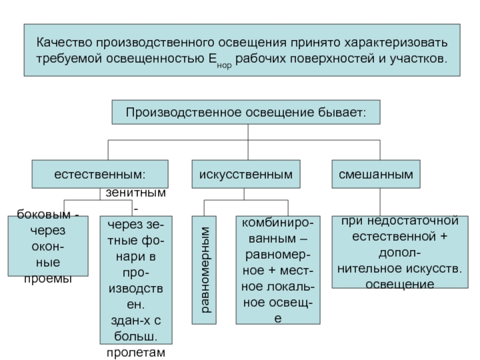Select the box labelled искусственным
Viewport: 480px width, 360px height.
click(x=246, y=175)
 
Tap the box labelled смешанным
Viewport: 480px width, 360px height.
click(x=376, y=175)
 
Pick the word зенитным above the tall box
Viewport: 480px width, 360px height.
click(x=136, y=194)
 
